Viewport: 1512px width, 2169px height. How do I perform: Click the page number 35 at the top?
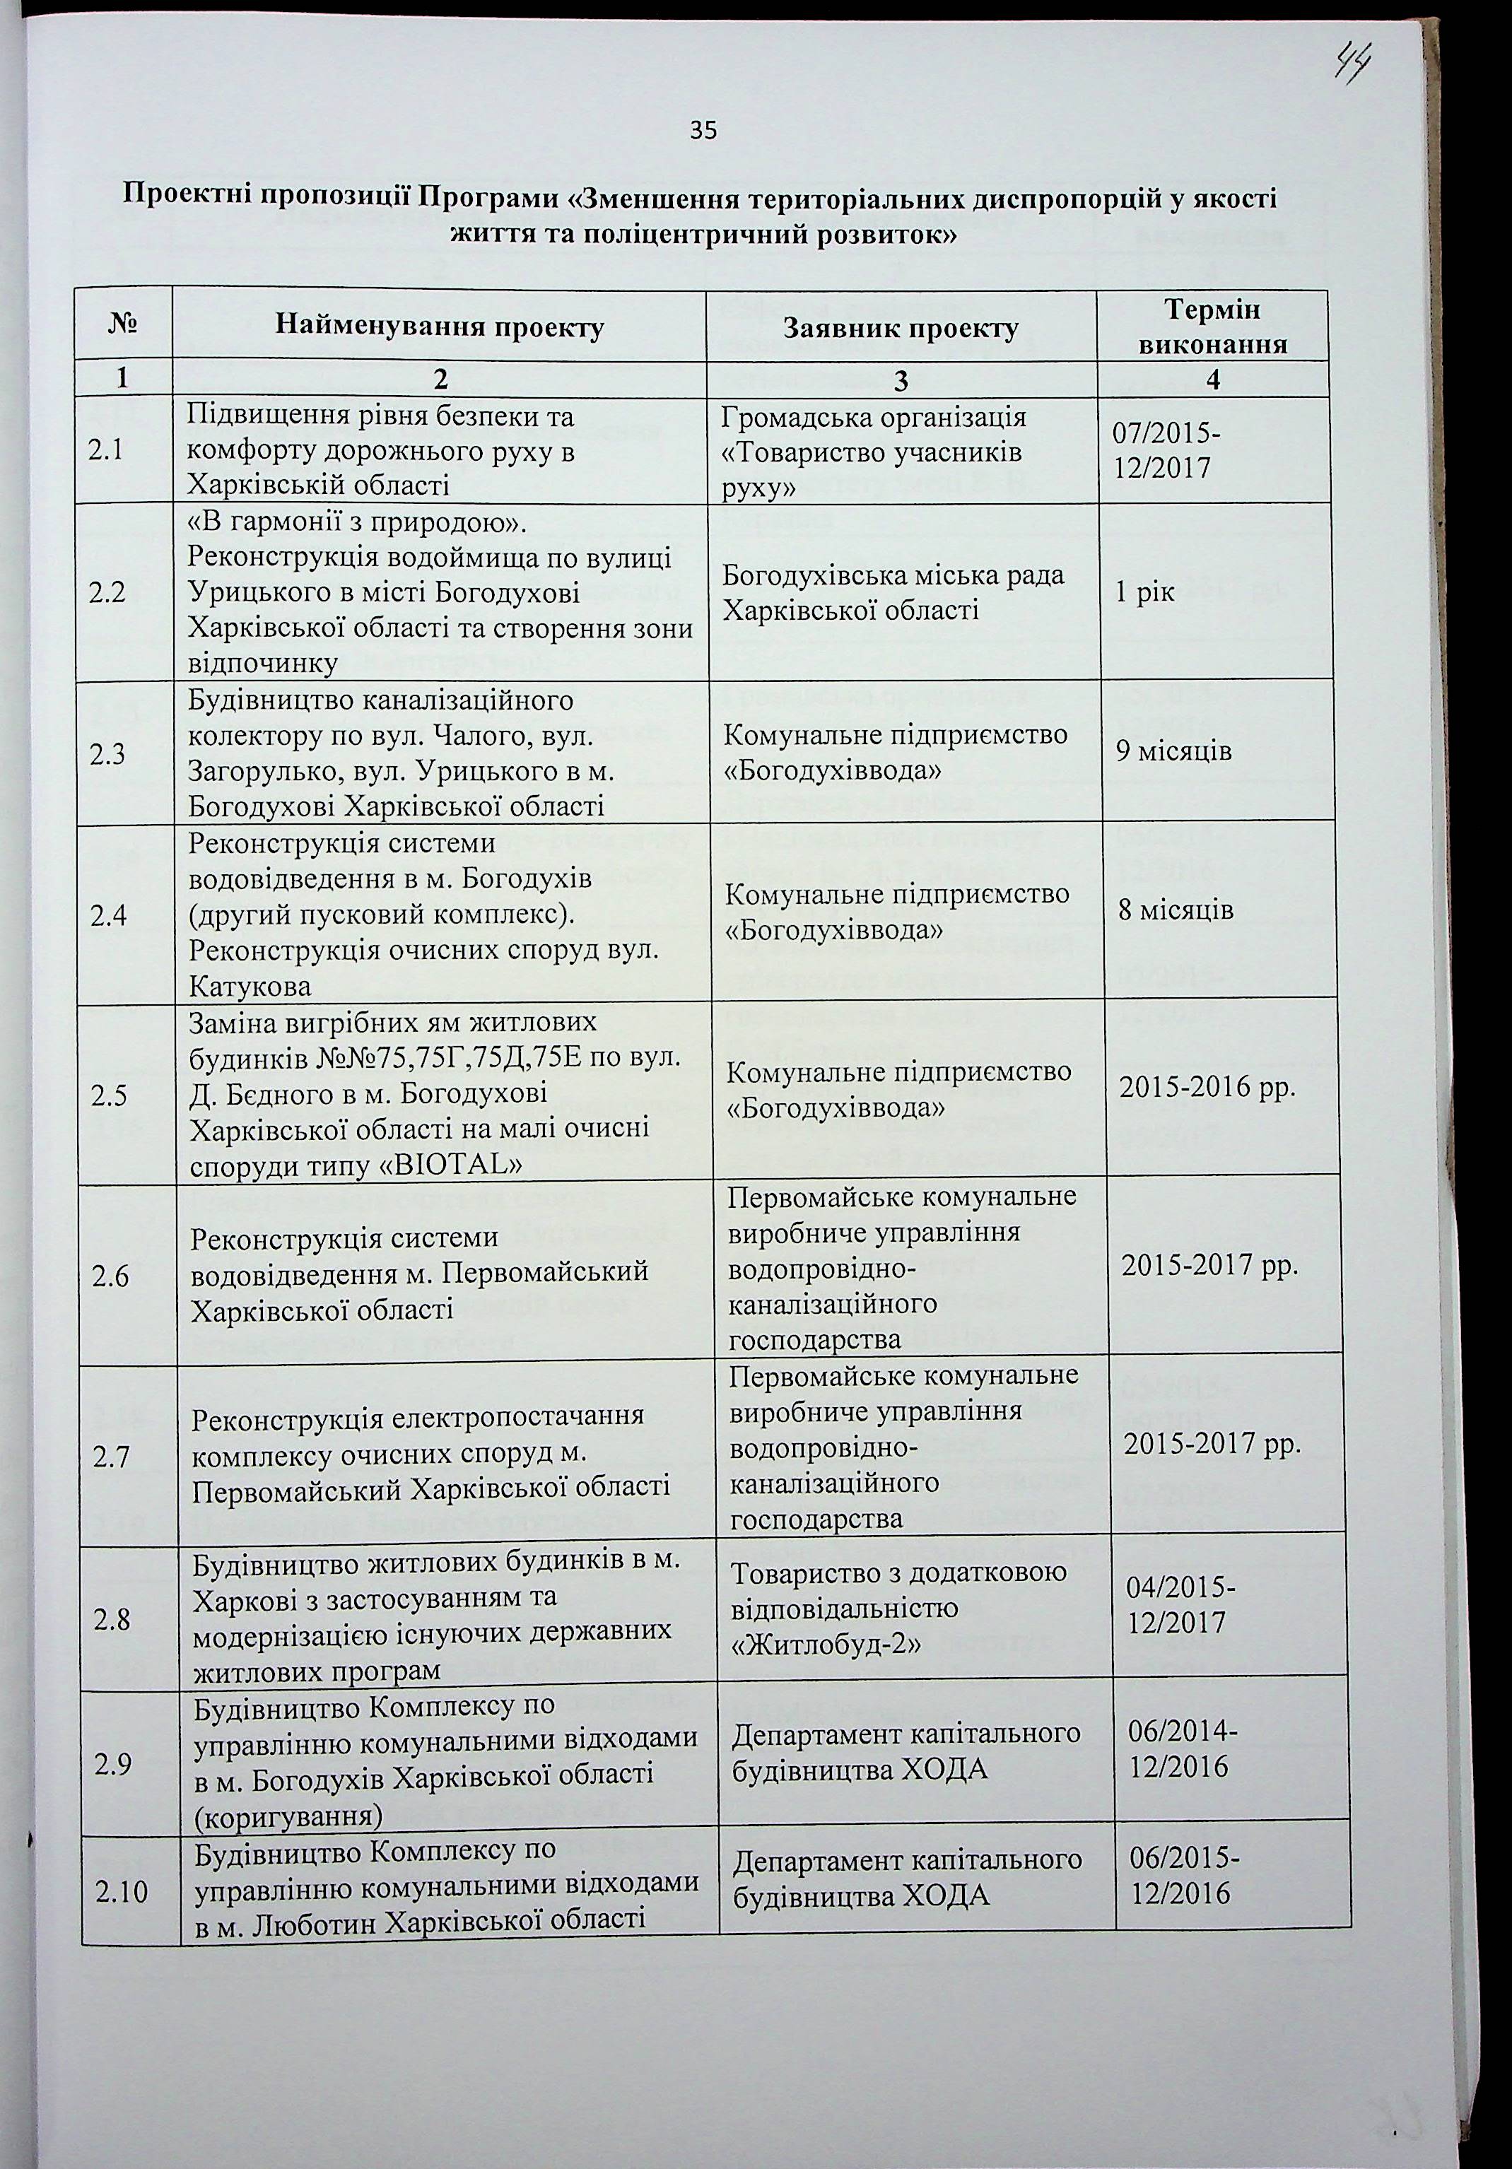tap(703, 130)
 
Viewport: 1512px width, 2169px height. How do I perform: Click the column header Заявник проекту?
tap(901, 328)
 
